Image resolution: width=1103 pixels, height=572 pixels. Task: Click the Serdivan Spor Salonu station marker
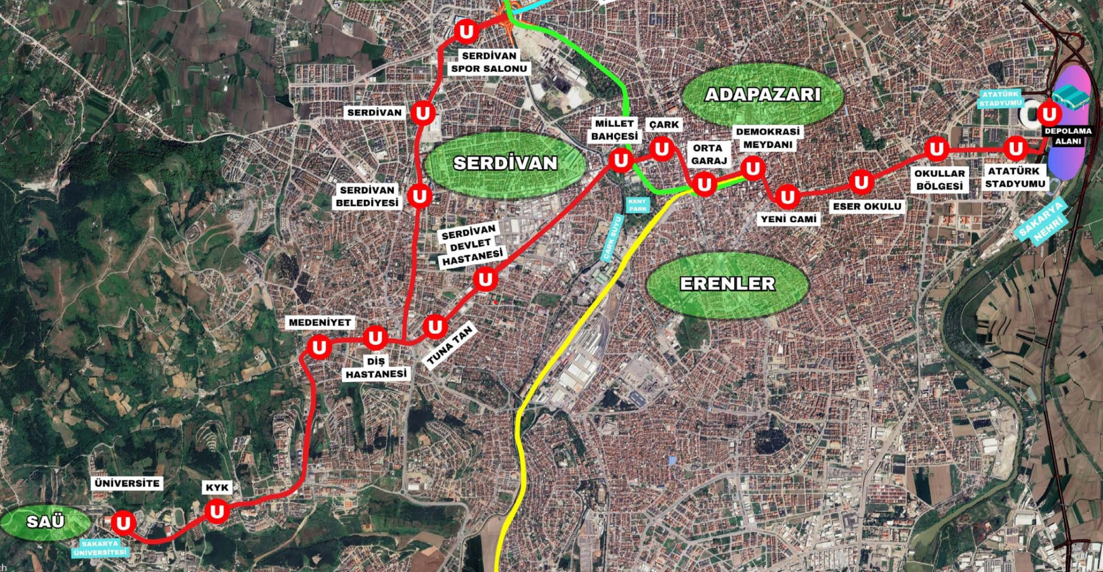(466, 31)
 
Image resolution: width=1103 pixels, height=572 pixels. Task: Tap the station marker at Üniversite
(123, 523)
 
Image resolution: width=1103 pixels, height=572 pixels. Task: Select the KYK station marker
(217, 511)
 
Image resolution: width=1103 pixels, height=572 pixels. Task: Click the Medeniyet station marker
(319, 347)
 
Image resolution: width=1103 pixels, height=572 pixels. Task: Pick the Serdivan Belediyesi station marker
(419, 196)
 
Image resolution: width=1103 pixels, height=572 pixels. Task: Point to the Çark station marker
(662, 149)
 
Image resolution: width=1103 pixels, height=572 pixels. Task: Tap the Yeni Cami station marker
(787, 197)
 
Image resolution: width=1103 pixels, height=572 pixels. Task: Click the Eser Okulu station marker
(861, 183)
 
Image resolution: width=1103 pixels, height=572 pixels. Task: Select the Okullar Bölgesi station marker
(937, 149)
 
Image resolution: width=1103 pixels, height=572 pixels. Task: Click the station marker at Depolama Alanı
(1049, 114)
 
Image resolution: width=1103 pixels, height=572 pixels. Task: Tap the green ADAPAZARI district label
(763, 95)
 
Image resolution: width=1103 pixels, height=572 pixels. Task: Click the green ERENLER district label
(727, 284)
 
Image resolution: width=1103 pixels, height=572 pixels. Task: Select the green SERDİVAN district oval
(505, 164)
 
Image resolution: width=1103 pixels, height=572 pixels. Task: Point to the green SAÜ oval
(45, 522)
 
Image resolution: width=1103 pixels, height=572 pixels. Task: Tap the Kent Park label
(637, 205)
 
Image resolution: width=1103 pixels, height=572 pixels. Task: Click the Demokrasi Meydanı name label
(768, 138)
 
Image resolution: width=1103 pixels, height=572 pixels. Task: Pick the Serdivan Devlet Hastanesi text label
(471, 245)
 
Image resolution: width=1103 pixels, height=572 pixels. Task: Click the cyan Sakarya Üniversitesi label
(100, 548)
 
